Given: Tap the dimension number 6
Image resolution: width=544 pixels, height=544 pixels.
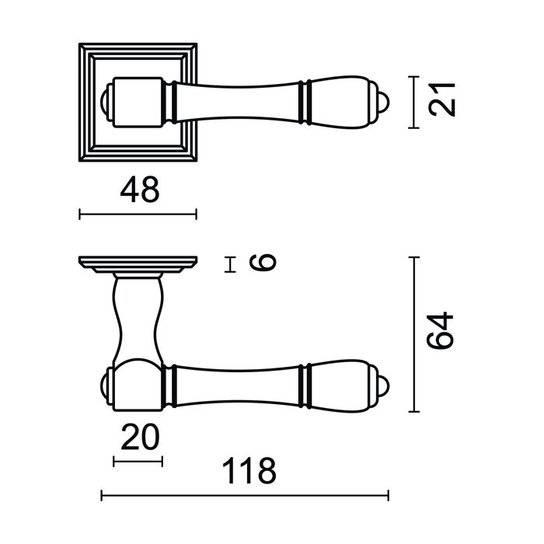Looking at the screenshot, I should click(x=265, y=264).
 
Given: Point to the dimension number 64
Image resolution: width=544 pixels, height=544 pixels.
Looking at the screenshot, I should click(x=441, y=333).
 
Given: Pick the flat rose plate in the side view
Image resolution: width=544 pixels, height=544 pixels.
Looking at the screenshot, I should click(x=138, y=263).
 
